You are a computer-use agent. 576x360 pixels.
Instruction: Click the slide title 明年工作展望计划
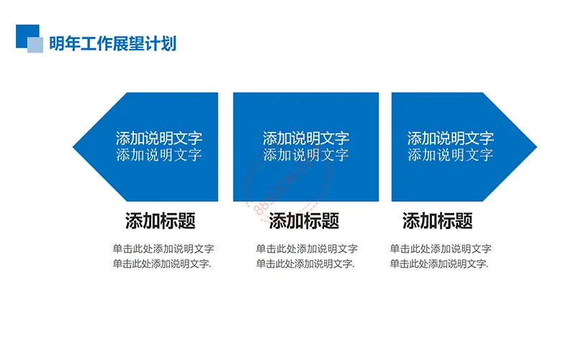(x=113, y=43)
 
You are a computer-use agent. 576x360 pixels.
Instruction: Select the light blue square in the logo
(x=35, y=45)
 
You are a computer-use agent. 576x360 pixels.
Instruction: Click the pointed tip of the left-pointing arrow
(x=73, y=147)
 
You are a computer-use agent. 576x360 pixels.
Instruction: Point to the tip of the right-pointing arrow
(x=536, y=147)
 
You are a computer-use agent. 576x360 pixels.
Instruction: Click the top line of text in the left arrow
(x=159, y=138)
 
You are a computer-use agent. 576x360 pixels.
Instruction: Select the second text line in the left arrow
(x=159, y=155)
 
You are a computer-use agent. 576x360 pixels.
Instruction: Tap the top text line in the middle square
(x=306, y=138)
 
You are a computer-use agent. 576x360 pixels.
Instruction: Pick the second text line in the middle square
(x=306, y=155)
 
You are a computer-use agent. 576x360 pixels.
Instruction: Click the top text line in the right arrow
(x=451, y=138)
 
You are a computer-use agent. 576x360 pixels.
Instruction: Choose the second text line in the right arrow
(x=451, y=155)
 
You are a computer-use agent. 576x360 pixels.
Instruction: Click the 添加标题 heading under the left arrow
(x=160, y=221)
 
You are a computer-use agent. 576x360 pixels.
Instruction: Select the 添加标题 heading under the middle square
(x=304, y=221)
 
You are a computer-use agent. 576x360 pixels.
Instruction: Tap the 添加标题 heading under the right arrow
(x=437, y=221)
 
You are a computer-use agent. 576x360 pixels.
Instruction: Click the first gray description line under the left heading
(x=163, y=248)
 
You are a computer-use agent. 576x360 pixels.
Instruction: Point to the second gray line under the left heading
(x=161, y=264)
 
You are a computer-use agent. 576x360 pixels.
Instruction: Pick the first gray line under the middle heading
(x=307, y=248)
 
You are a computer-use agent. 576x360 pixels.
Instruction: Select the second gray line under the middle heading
(x=305, y=264)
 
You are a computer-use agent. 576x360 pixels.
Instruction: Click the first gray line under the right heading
(x=441, y=248)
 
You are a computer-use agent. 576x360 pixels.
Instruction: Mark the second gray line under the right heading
(x=439, y=264)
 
